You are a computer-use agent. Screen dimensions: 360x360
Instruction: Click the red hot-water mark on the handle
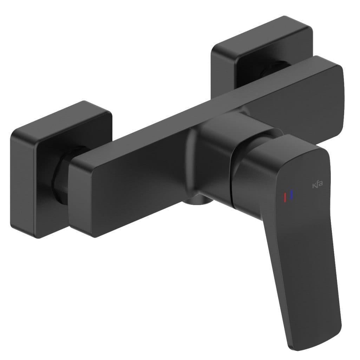285,197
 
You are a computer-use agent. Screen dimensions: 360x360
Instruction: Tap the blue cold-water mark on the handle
292,195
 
